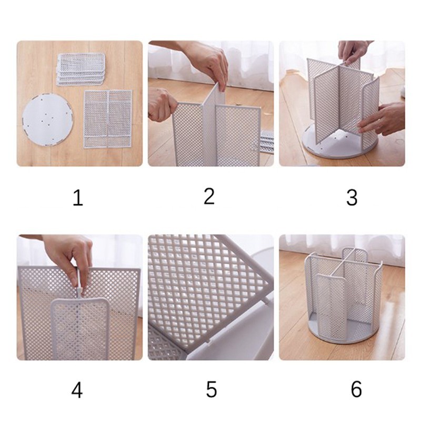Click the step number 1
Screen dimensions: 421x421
point(78,198)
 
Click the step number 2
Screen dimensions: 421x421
point(209,196)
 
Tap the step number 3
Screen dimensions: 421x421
point(352,198)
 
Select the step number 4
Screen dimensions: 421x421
point(77,390)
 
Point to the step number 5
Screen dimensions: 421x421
point(212,389)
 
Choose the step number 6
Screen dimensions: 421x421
point(356,389)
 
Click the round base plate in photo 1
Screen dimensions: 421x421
point(47,120)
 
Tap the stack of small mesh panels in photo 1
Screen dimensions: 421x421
point(81,69)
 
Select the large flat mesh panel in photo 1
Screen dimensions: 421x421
point(108,119)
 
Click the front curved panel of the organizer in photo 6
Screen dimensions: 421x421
point(331,306)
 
